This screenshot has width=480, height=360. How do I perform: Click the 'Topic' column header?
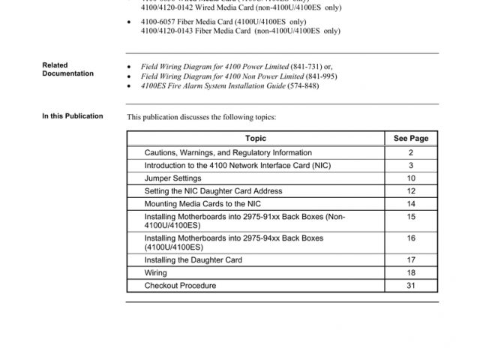pyautogui.click(x=255, y=139)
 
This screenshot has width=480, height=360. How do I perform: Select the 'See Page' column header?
pyautogui.click(x=411, y=139)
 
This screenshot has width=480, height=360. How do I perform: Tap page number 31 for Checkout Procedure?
pyautogui.click(x=411, y=286)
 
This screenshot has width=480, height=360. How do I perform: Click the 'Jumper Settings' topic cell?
pyautogui.click(x=173, y=178)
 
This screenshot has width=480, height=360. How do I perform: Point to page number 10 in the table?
pyautogui.click(x=411, y=178)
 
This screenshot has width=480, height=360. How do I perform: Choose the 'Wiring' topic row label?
pyautogui.click(x=156, y=273)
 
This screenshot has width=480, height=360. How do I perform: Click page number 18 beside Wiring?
pyautogui.click(x=411, y=273)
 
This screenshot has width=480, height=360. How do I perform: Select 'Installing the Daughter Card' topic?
pyautogui.click(x=193, y=260)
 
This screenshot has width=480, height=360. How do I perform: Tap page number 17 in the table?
pyautogui.click(x=411, y=260)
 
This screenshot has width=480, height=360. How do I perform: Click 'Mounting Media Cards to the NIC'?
pyautogui.click(x=202, y=204)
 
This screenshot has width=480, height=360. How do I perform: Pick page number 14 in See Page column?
pyautogui.click(x=411, y=204)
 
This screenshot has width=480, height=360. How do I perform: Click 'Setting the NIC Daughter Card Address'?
pyautogui.click(x=213, y=191)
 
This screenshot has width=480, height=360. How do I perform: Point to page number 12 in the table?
pyautogui.click(x=411, y=191)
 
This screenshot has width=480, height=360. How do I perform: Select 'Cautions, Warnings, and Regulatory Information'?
pyautogui.click(x=228, y=153)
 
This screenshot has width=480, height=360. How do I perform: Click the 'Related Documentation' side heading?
pyautogui.click(x=68, y=70)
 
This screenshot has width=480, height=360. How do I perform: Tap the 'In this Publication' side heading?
pyautogui.click(x=73, y=116)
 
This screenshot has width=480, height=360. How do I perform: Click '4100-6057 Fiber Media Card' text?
pyautogui.click(x=188, y=22)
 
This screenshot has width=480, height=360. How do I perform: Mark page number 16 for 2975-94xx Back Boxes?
pyautogui.click(x=411, y=238)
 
